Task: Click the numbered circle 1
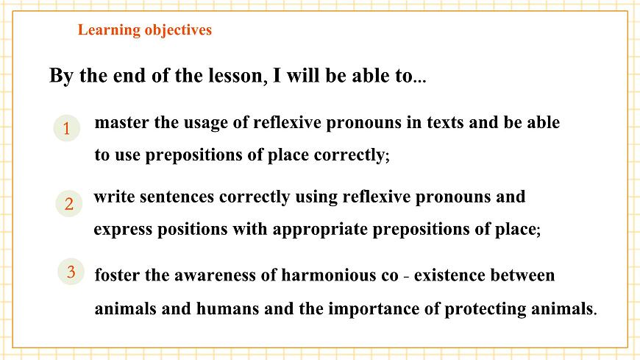coord(66,129)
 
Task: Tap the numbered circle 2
coord(68,204)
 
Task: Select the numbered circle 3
coord(71,272)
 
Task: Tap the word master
coord(123,122)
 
